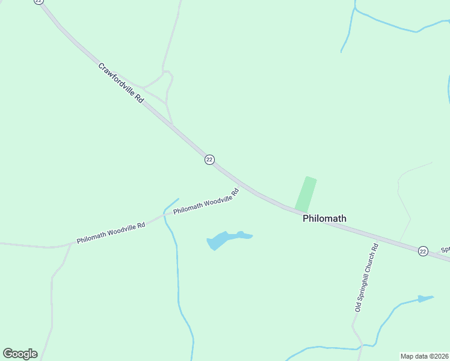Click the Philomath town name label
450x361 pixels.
pyautogui.click(x=324, y=218)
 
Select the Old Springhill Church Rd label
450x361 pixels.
pyautogui.click(x=366, y=277)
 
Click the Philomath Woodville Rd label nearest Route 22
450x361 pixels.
pyautogui.click(x=206, y=202)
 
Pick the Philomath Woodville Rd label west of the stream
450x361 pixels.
pyautogui.click(x=111, y=233)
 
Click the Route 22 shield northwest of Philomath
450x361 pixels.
pyautogui.click(x=209, y=159)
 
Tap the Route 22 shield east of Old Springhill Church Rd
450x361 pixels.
pyautogui.click(x=423, y=251)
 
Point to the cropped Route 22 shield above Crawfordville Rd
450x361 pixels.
pyautogui.click(x=39, y=2)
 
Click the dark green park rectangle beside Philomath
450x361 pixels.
pyautogui.click(x=306, y=194)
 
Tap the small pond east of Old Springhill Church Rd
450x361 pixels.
pyautogui.click(x=425, y=298)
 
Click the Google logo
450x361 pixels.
pyautogui.click(x=20, y=354)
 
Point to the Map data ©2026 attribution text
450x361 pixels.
pyautogui.click(x=425, y=356)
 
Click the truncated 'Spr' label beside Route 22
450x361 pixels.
pyautogui.click(x=445, y=249)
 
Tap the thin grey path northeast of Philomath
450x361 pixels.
pyautogui.click(x=401, y=199)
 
